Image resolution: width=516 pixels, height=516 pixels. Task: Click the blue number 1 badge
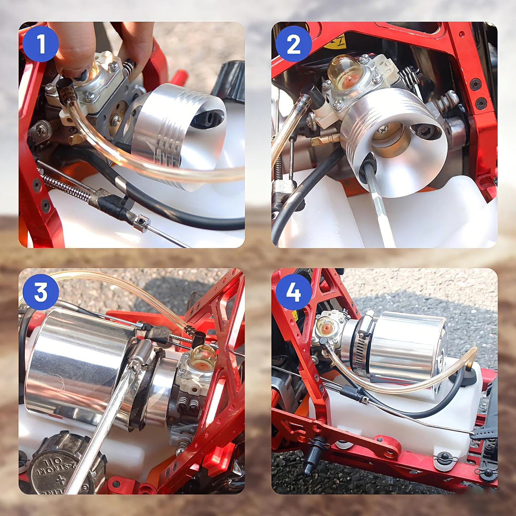(41, 44)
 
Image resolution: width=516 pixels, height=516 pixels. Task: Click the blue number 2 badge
(293, 44)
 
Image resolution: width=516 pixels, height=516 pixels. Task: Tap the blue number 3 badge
(41, 292)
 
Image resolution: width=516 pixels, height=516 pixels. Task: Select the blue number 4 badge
(293, 292)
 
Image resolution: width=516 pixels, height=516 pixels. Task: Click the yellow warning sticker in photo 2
(339, 40)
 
